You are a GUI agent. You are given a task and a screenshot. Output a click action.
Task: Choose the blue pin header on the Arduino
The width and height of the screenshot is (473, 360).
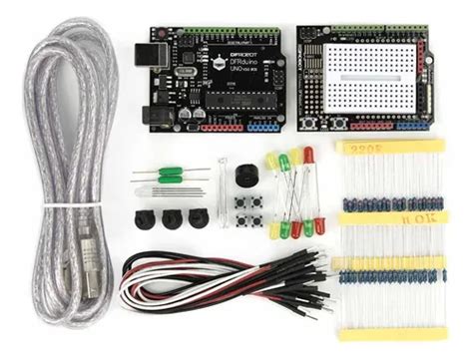[x=263, y=128]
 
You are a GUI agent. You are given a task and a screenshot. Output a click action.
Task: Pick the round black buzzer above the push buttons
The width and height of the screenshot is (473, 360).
[x=245, y=175]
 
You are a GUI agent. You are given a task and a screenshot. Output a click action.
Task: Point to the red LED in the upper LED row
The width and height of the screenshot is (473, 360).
[x=308, y=156]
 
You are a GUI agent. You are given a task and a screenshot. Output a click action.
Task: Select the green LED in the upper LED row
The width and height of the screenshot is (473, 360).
[x=284, y=160]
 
